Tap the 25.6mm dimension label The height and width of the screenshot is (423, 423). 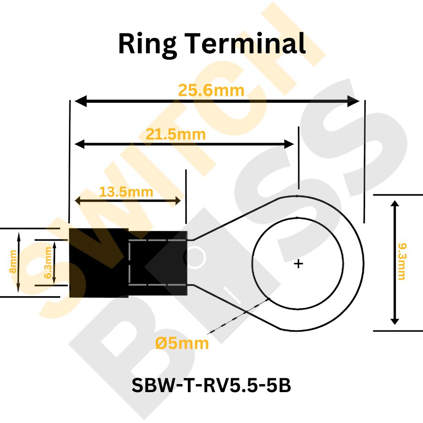click(211, 91)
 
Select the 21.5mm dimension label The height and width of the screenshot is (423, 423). click(176, 135)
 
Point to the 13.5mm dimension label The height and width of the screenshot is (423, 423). click(126, 192)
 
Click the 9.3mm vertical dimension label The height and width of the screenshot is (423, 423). click(401, 261)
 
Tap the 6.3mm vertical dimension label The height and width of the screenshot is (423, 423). click(48, 263)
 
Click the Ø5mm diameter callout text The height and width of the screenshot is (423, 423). click(182, 343)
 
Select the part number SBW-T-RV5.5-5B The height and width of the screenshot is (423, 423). click(211, 385)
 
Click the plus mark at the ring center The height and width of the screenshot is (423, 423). click(299, 264)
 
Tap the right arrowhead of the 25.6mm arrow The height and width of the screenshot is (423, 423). click(354, 101)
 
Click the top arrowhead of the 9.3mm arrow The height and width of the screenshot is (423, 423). click(395, 205)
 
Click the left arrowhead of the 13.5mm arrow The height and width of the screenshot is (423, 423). click(79, 201)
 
